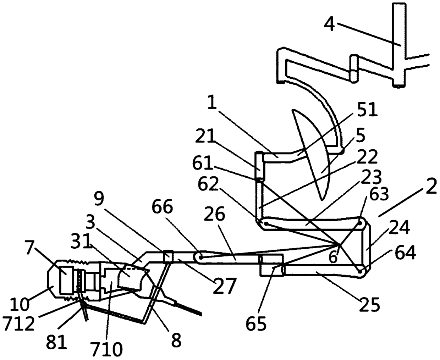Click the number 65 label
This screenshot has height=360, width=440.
click(257, 324)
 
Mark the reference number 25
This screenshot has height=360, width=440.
click(369, 304)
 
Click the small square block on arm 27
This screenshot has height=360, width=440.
click(167, 257)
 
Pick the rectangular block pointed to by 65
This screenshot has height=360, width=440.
click(271, 265)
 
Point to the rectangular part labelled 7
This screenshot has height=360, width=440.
click(66, 279)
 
